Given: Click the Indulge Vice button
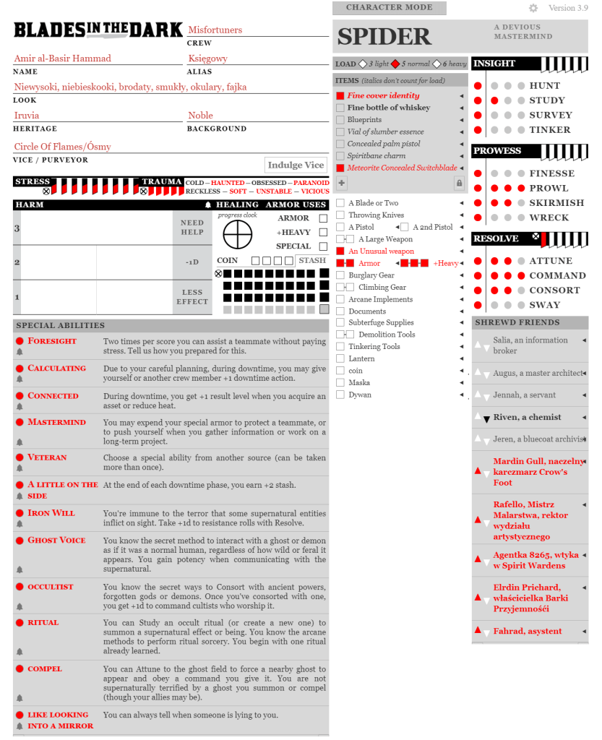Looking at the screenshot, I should coord(296,165).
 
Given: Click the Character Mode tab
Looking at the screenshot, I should coord(389,8).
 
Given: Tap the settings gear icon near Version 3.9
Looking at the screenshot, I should coord(533,8).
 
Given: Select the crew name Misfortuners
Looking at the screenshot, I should coord(215,30).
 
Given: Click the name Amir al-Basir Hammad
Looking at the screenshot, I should coord(62,58).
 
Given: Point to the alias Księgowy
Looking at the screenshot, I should coord(207,58).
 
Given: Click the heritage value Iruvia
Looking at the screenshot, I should coord(27,115).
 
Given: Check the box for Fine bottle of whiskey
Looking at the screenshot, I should coord(340,108).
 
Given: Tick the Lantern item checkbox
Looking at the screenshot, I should coord(340,358).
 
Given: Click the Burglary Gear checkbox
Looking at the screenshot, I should coord(340,275).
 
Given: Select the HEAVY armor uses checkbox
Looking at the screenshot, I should coord(323,232).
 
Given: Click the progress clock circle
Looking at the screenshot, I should coord(237,233).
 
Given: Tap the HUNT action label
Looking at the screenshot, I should coord(544,85).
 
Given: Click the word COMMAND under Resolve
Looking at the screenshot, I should coord(557,275).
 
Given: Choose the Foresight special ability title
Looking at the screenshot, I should coord(52,340).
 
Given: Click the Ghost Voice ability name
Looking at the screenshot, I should coord(56,540).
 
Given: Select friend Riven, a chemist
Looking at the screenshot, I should coord(528,417).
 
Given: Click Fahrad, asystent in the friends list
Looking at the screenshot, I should coord(528,631).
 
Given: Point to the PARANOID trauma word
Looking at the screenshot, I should coord(311,183).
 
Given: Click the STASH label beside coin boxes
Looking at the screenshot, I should coord(312,260).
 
